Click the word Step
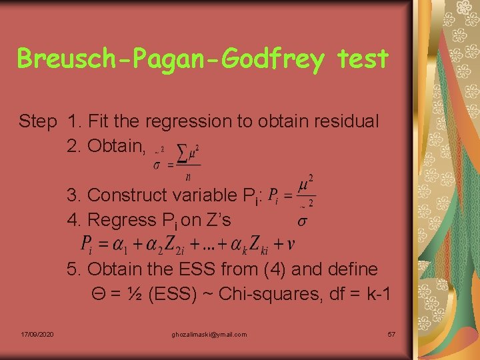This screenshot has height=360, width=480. point(38,121)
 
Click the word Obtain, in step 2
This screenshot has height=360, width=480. point(106,145)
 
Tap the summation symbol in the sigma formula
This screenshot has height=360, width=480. point(182,153)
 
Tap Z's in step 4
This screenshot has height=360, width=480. point(216,219)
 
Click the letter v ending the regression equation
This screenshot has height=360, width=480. point(291,245)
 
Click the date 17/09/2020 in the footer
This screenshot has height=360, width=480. point(37,334)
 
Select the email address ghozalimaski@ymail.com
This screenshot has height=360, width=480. point(209,334)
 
